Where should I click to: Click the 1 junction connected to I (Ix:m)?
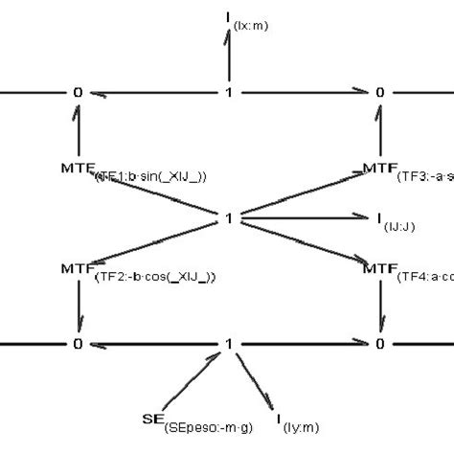[x=228, y=93]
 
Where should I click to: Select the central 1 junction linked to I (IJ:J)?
[x=228, y=218]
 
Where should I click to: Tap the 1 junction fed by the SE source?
[x=228, y=343]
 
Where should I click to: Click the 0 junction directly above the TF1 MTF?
[x=78, y=93]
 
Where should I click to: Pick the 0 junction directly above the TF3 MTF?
[x=380, y=93]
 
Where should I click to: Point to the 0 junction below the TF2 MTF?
[x=78, y=343]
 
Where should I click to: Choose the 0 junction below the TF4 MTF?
[x=380, y=343]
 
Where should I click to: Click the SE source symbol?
[x=149, y=418]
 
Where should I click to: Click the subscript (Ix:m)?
[x=251, y=26]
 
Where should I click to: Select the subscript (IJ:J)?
[x=393, y=224]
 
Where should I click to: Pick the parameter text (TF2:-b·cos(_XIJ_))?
[x=155, y=277]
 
